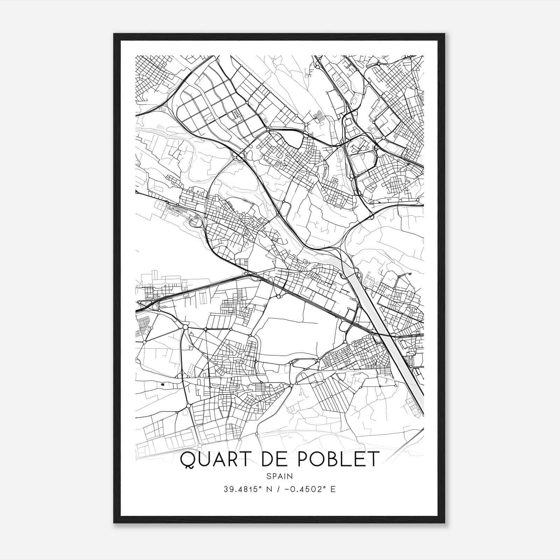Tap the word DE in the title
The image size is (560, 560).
tap(272, 459)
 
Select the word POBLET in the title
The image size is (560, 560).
tap(339, 459)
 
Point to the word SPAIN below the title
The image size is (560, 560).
tap(280, 476)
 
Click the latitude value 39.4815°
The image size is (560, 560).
tap(244, 489)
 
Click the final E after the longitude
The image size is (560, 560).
tap(333, 489)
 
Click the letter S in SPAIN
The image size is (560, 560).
tap(268, 476)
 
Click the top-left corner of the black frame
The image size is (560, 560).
tap(114, 34)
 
